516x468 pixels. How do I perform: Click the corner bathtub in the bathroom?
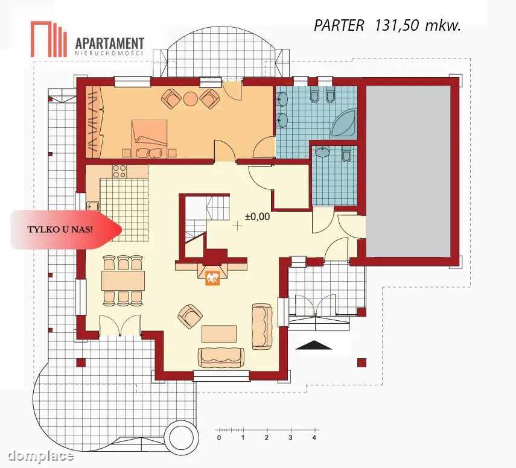click(x=344, y=124)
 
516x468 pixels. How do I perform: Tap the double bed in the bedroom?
click(x=150, y=138)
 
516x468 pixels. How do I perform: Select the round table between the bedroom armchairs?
click(x=190, y=98)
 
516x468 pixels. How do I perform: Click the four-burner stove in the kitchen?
click(x=119, y=171)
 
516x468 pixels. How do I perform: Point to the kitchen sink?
click(x=92, y=206)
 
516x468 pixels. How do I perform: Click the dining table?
click(x=123, y=280)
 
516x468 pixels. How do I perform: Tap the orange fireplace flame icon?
click(x=212, y=278)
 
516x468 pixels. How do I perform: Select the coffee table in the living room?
click(x=219, y=334)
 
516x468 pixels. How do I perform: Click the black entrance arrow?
click(x=314, y=345)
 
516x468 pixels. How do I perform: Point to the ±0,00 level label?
click(x=257, y=217)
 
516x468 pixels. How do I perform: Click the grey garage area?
click(x=409, y=171)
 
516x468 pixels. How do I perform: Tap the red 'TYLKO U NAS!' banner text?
click(x=60, y=230)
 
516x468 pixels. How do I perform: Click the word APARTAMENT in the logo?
click(x=110, y=44)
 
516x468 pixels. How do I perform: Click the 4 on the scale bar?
click(x=314, y=437)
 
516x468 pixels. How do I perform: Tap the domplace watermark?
click(x=41, y=456)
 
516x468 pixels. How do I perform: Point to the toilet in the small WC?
click(x=346, y=154)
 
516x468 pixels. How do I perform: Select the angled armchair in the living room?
click(x=190, y=316)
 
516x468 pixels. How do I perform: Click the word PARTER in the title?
click(x=339, y=25)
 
